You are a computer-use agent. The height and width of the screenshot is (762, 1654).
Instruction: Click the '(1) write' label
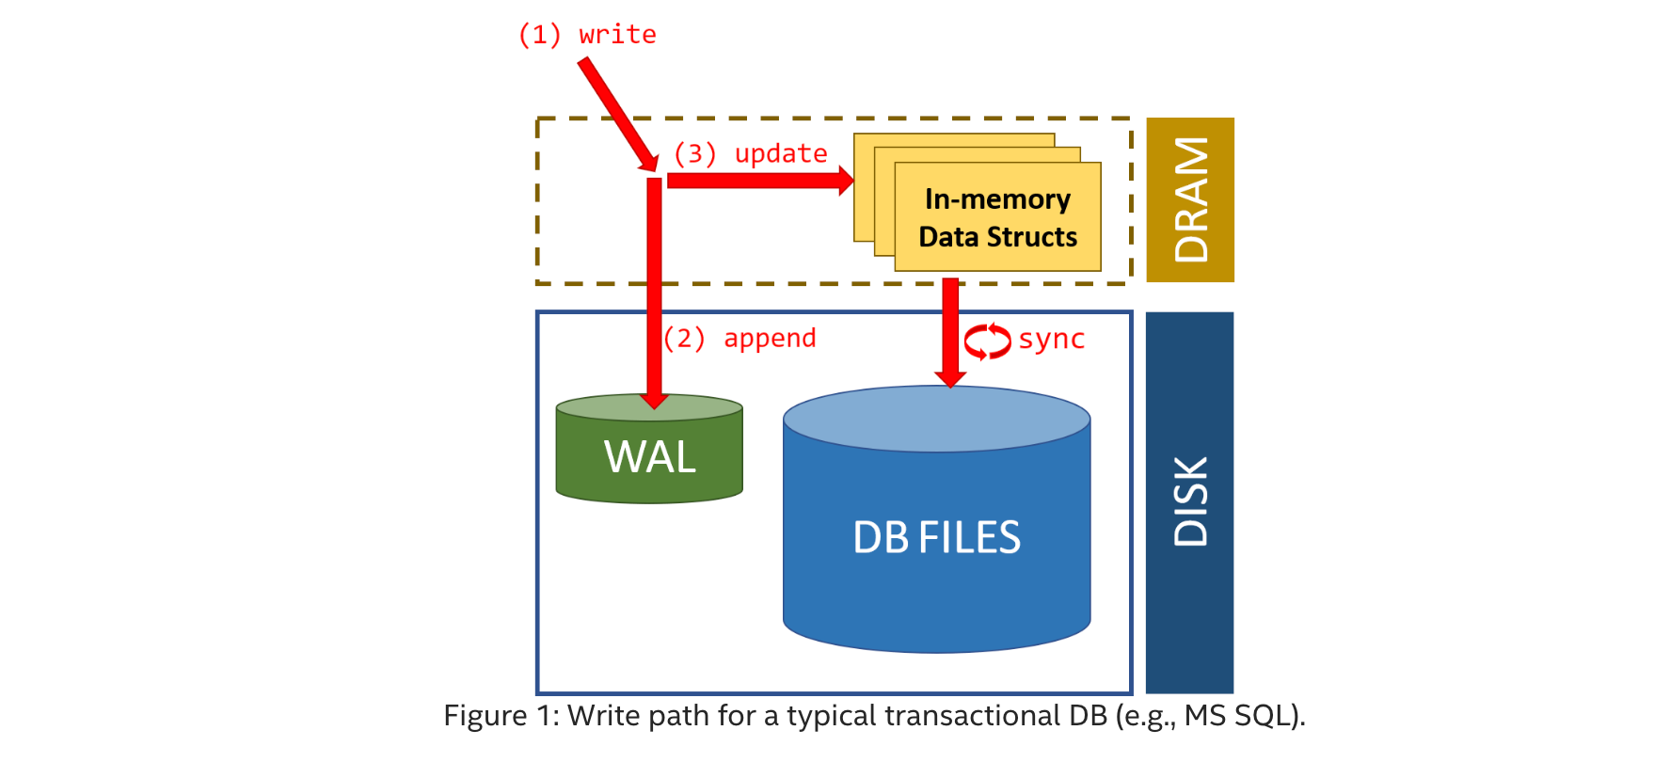pos(587,35)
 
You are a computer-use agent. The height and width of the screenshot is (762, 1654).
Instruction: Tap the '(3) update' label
pos(750,153)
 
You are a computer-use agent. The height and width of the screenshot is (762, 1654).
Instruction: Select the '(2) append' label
pos(740,338)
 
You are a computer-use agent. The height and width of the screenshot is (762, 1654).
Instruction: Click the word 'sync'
pos(1051,339)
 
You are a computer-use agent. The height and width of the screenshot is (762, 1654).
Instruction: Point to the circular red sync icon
pos(987,341)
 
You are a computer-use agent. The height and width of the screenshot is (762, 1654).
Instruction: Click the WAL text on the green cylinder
pos(649,457)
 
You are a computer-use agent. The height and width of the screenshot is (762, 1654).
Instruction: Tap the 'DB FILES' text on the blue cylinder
pos(936,538)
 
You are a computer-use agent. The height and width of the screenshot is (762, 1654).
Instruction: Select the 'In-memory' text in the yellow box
pos(997,199)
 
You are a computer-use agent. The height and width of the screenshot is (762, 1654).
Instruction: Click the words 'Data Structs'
pos(997,237)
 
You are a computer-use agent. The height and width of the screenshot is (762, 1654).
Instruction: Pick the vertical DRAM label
pos(1190,199)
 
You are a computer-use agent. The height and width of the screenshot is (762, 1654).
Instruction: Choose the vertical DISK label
pos(1190,502)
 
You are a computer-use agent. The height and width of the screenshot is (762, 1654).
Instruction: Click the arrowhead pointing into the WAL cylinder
pos(654,401)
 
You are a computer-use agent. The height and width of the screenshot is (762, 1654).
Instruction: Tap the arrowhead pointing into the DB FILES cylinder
pos(950,378)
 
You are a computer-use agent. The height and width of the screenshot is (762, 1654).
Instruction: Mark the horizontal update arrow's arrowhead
pos(846,180)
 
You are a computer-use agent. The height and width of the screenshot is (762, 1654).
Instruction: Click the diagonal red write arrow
pos(616,113)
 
